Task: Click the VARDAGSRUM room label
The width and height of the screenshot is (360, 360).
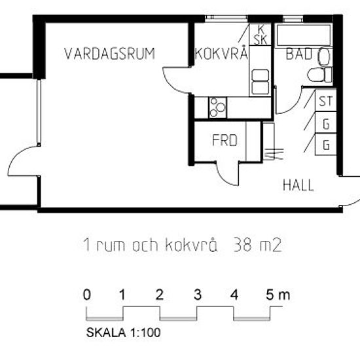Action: [x=109, y=54]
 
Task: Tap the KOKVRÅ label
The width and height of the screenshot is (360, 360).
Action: [x=221, y=54]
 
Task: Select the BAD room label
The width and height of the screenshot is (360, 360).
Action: [x=298, y=55]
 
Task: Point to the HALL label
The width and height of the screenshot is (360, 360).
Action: [x=298, y=185]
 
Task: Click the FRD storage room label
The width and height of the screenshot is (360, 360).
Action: [x=223, y=141]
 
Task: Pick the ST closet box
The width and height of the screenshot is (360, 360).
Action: [x=325, y=102]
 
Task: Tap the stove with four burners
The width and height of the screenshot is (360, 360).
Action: [x=217, y=105]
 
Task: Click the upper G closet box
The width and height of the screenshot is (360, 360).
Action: [x=325, y=123]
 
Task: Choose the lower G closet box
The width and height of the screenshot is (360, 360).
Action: [x=325, y=145]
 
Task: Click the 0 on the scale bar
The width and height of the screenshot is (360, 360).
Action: [x=87, y=295]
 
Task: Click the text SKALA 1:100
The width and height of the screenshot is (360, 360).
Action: [x=124, y=332]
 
